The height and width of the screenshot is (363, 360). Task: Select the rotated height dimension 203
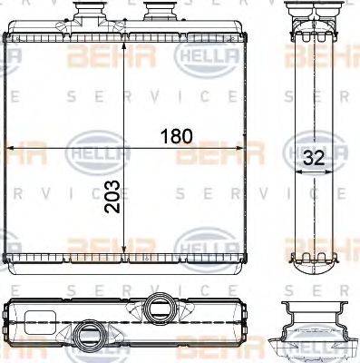(x=112, y=193)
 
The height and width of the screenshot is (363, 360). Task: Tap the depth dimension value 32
(x=314, y=156)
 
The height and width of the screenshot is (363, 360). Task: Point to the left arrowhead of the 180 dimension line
(x=11, y=147)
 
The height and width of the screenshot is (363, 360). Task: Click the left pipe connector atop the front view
(x=92, y=15)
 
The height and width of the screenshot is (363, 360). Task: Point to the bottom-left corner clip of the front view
(x=9, y=262)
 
